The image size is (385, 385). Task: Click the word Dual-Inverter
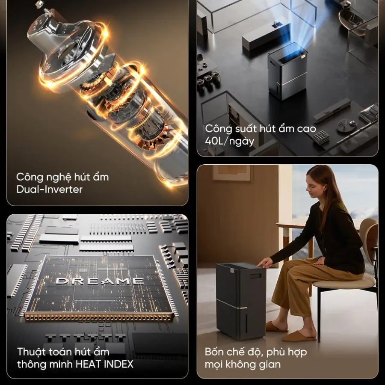(49, 190)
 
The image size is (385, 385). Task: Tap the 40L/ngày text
(230, 142)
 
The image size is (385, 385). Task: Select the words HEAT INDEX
(104, 364)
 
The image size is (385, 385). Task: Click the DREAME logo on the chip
(99, 281)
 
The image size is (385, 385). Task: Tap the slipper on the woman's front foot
(299, 336)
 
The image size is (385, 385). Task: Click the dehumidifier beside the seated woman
(241, 301)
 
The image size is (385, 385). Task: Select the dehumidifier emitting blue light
(287, 71)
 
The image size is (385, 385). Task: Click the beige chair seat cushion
(344, 281)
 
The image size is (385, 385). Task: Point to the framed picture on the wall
(232, 173)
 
